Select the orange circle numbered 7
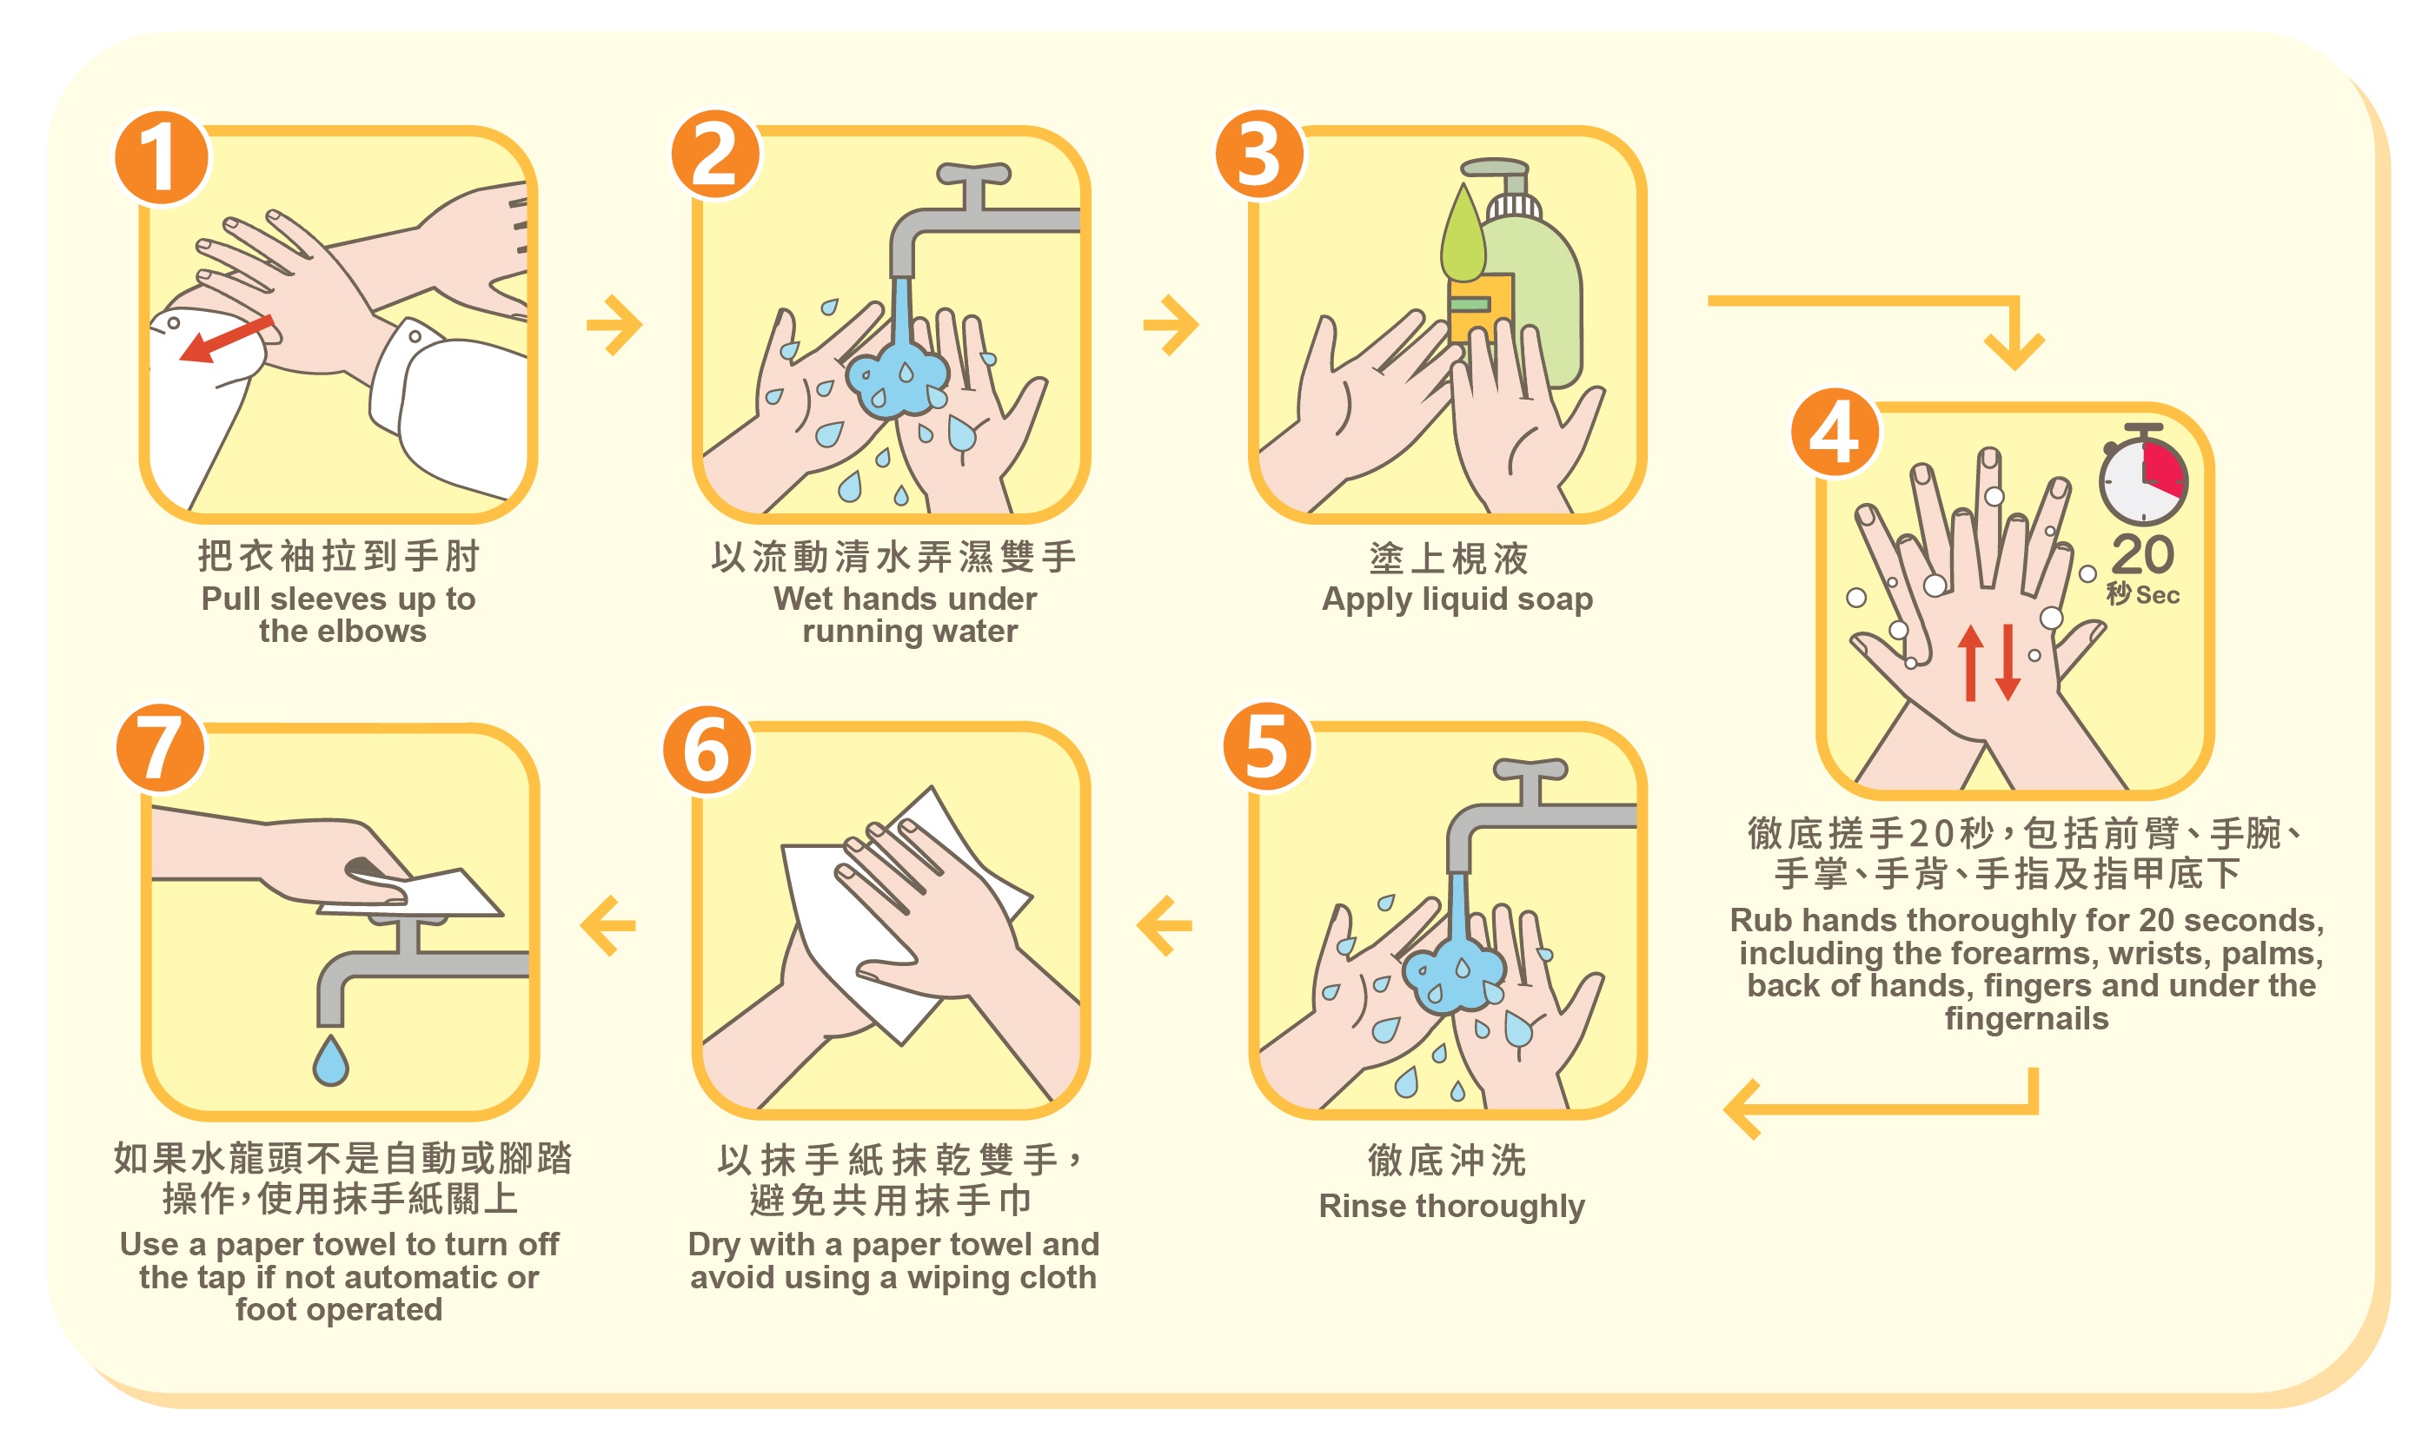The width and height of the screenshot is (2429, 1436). pos(161,748)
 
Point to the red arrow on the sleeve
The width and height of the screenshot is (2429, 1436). pos(225,340)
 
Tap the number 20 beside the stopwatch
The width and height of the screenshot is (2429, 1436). pos(2142,554)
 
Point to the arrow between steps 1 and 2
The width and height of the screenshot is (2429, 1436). pos(614,325)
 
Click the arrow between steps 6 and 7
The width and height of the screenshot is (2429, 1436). pos(607,925)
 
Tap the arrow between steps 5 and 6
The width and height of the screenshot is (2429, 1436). pos(1165,925)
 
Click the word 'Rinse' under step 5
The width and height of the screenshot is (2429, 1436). pos(1363,1206)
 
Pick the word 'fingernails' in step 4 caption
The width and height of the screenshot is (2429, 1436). pos(2027,1020)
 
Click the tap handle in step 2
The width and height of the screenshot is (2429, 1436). pos(973,174)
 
